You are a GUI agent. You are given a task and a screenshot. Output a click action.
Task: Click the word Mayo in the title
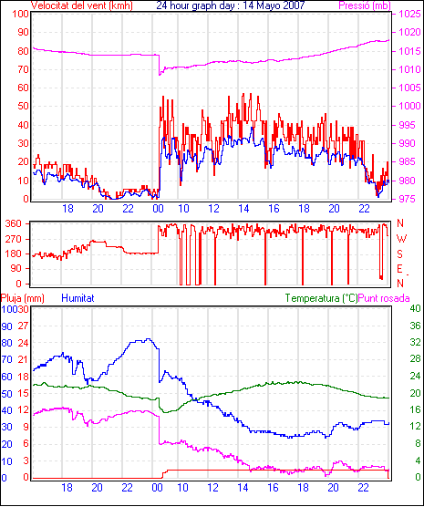(x=264, y=5)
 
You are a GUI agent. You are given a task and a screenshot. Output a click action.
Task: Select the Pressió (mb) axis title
(x=365, y=5)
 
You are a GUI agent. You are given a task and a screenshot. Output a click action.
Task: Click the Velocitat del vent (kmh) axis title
(x=82, y=5)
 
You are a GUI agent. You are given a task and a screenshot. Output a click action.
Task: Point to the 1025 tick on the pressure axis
(x=409, y=14)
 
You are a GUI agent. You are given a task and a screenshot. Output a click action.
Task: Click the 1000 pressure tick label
(x=409, y=106)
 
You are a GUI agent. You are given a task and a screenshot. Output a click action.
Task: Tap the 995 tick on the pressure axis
(x=407, y=125)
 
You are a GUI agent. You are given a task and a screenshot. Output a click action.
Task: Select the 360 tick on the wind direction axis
(x=14, y=223)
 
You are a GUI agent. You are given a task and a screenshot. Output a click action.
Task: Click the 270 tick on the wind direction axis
(x=14, y=239)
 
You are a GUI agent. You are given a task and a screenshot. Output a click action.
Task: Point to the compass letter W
(x=401, y=239)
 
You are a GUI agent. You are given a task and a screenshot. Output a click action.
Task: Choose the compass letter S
(x=399, y=254)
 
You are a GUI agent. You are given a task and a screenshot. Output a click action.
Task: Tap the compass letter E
(x=399, y=269)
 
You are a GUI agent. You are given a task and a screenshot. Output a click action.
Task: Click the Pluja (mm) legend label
(x=22, y=298)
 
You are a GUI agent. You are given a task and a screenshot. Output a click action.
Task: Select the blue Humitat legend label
(x=78, y=298)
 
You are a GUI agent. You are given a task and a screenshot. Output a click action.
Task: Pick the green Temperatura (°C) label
(x=322, y=298)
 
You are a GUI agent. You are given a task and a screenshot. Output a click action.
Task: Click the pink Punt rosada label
(x=384, y=298)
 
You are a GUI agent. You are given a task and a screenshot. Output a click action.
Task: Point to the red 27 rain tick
(x=23, y=326)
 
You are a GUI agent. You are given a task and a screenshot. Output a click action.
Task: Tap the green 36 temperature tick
(x=415, y=326)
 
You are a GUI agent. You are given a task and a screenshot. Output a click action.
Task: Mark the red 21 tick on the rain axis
(x=23, y=359)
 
